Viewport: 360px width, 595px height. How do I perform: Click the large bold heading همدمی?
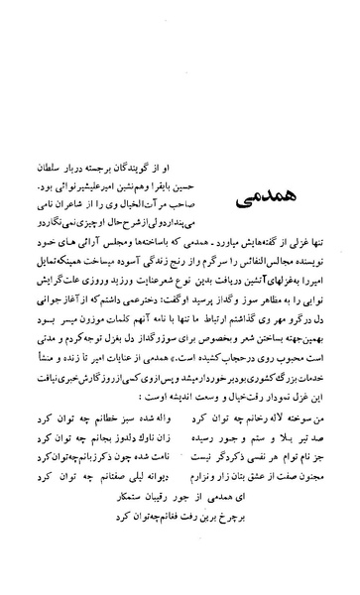pyautogui.click(x=265, y=176)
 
